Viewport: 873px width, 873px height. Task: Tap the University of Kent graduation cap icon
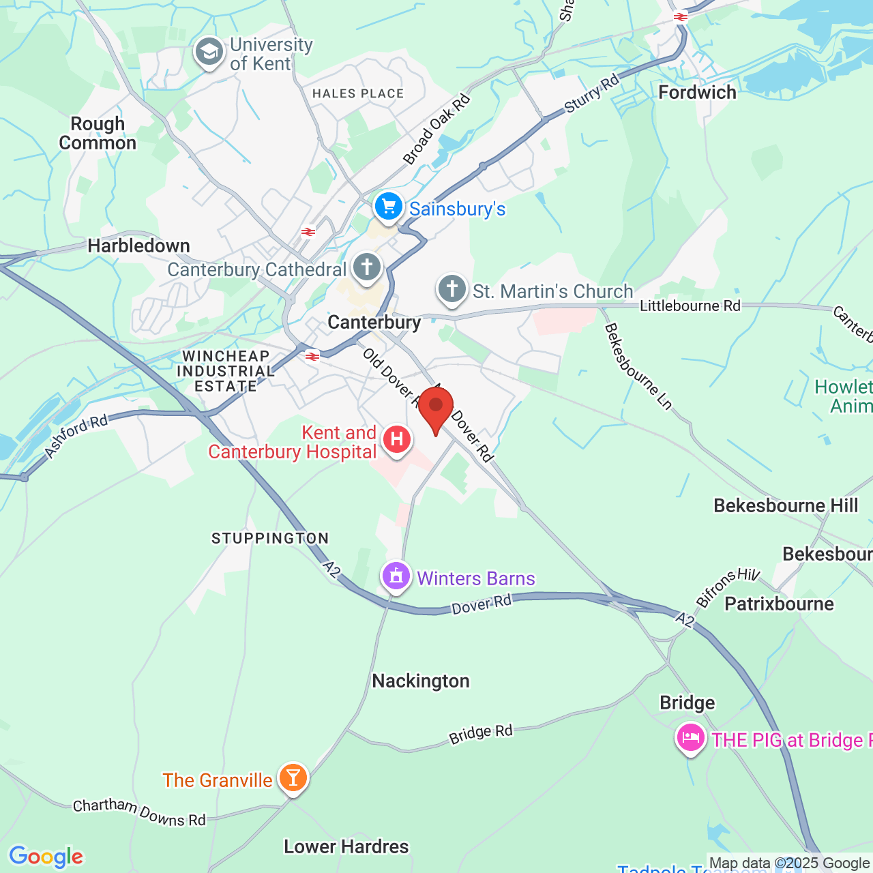coord(209,53)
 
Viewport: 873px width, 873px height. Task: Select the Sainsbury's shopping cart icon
coord(389,206)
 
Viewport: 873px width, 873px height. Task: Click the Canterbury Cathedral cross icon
coord(367,267)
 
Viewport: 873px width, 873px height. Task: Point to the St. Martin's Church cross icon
coord(452,288)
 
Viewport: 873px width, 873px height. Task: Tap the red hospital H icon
coord(396,439)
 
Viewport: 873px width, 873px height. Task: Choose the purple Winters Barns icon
coord(396,577)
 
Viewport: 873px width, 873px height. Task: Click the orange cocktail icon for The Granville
coord(293,778)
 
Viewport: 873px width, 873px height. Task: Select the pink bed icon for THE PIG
coord(690,738)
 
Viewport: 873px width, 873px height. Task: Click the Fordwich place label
coord(697,92)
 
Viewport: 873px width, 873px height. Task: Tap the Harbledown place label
coord(138,246)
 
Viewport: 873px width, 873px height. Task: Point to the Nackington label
coord(421,681)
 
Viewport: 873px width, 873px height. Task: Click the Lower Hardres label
coord(346,846)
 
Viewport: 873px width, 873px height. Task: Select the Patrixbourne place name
coord(779,604)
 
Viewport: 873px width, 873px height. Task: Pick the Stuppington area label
coord(270,538)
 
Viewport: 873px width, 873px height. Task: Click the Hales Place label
coord(358,93)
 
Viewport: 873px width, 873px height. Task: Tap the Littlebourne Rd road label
coord(690,306)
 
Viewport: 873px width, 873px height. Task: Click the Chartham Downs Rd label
coord(139,812)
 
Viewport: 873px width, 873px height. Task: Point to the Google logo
coord(46,857)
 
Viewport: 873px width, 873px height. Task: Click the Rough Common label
coord(98,133)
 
